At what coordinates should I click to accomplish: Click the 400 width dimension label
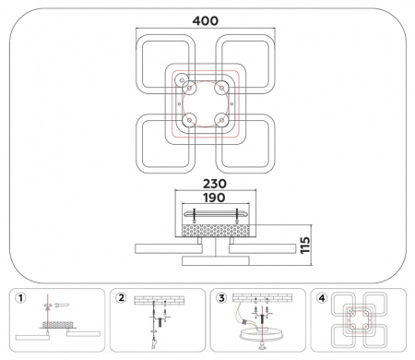coord(206,21)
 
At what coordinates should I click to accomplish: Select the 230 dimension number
coord(215,184)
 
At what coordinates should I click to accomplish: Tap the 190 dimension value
coord(215,198)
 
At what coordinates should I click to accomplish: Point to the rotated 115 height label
coord(305,246)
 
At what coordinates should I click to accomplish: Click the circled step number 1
coord(20,298)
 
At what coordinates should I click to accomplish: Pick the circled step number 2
coord(121,298)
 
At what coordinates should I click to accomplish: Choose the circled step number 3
coord(221,298)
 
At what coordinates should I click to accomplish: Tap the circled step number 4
coord(322,298)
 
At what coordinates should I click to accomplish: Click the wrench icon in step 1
coord(62,305)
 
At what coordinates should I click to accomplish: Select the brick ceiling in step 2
coord(160,300)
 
